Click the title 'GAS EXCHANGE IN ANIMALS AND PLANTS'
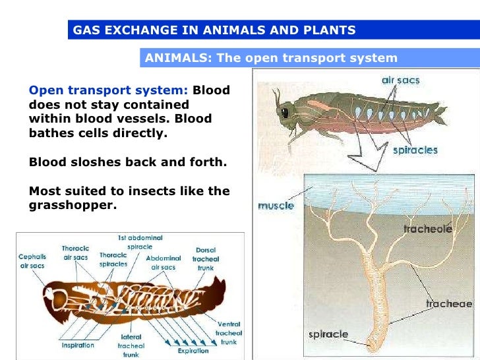point(214,30)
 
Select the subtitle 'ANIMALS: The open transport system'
point(271,57)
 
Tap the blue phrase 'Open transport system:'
point(109,90)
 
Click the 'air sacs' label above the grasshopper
point(400,80)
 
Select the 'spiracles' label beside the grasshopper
point(415,150)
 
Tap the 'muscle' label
point(276,206)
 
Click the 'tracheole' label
point(427,229)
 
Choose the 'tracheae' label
point(448,304)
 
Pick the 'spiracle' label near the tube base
point(328,334)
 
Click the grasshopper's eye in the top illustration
point(285,113)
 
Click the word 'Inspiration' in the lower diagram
point(78,345)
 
